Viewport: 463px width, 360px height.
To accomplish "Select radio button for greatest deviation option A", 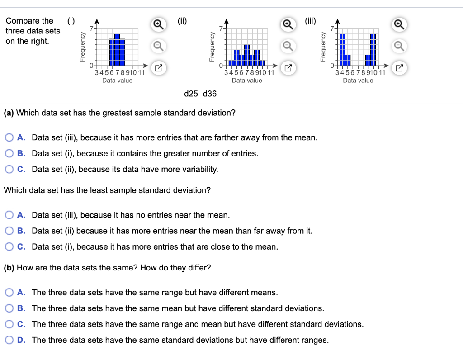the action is [x=9, y=137].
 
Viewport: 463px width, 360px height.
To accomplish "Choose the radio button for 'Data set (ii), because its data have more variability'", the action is [x=9, y=169].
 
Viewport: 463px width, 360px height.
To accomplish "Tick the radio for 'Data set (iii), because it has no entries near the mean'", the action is [x=9, y=215].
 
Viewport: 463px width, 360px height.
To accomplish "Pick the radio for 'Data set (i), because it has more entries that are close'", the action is [x=9, y=246].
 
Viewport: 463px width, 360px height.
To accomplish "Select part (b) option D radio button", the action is [x=9, y=340].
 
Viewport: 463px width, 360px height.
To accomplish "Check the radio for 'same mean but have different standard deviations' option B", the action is [x=9, y=308].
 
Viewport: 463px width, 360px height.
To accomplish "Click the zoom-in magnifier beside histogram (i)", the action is [x=159, y=24].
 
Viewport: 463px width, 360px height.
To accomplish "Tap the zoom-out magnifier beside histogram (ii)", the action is [x=288, y=46].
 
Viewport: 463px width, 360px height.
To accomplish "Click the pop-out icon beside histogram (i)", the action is [x=159, y=68].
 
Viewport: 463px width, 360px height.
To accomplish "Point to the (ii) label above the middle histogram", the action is [x=182, y=21].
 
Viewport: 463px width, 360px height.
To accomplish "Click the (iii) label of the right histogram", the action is [x=310, y=21].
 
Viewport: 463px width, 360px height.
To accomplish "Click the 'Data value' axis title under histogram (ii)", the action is [x=247, y=81].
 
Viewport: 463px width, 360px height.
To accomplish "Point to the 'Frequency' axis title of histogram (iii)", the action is [x=323, y=47].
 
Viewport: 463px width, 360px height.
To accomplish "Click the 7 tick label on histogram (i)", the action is [x=91, y=28].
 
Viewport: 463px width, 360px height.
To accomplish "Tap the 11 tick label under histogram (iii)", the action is [x=382, y=72].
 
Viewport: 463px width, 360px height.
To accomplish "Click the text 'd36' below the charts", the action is [x=210, y=94].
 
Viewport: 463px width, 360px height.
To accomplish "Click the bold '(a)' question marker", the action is [x=9, y=113].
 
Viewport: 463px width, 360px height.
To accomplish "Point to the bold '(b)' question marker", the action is [x=9, y=268].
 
